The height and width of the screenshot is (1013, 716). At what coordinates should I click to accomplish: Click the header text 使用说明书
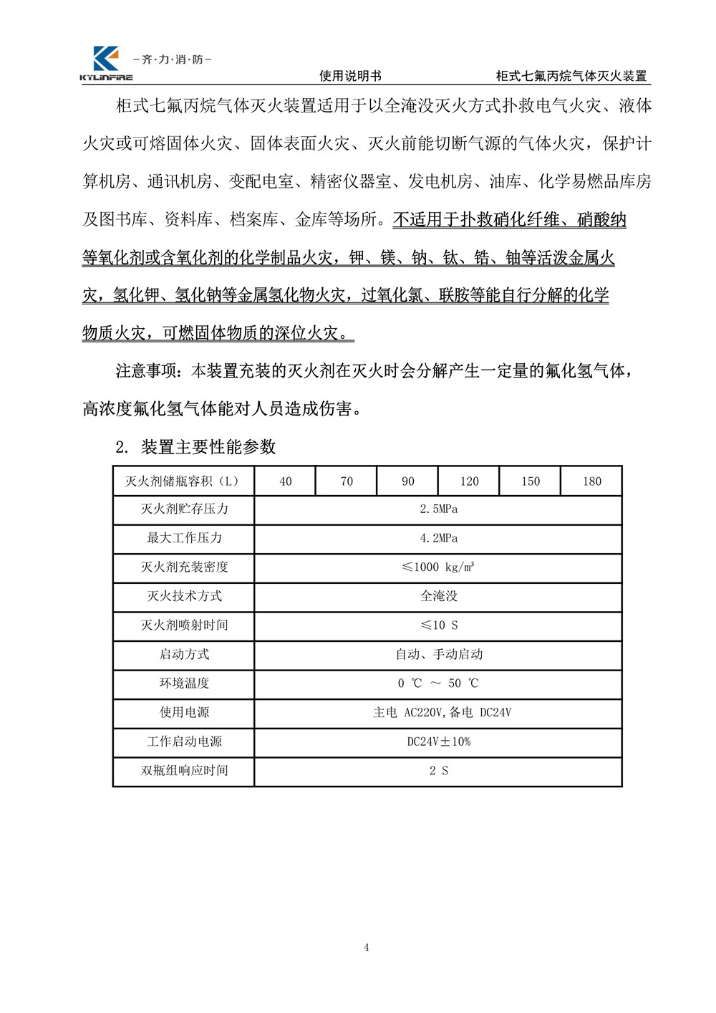[350, 76]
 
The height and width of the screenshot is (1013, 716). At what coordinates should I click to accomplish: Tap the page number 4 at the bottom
[367, 948]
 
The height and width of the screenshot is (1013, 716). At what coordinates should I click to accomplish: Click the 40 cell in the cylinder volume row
[286, 481]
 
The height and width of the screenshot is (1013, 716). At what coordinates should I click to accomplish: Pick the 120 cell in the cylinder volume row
[469, 481]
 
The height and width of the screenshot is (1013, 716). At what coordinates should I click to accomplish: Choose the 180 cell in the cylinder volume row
[591, 481]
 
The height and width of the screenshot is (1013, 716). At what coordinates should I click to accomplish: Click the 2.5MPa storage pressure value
[438, 509]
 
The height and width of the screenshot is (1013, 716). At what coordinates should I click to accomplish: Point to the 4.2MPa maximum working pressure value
[438, 538]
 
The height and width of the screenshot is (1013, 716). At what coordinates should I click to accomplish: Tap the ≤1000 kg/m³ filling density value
[438, 567]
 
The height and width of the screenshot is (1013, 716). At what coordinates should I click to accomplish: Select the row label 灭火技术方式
[184, 596]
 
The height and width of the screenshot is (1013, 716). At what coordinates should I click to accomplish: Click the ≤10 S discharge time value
[438, 625]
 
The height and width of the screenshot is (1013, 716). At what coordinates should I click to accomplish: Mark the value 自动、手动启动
[438, 654]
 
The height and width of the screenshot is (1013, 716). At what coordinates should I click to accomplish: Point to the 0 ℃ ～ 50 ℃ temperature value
[438, 683]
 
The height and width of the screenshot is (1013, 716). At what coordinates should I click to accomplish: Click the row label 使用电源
[184, 712]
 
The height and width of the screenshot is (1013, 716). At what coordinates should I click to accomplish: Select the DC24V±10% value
[438, 741]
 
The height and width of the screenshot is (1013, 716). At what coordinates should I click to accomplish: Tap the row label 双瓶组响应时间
[184, 771]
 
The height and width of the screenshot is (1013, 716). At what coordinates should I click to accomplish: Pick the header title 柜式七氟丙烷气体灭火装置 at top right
[571, 76]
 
